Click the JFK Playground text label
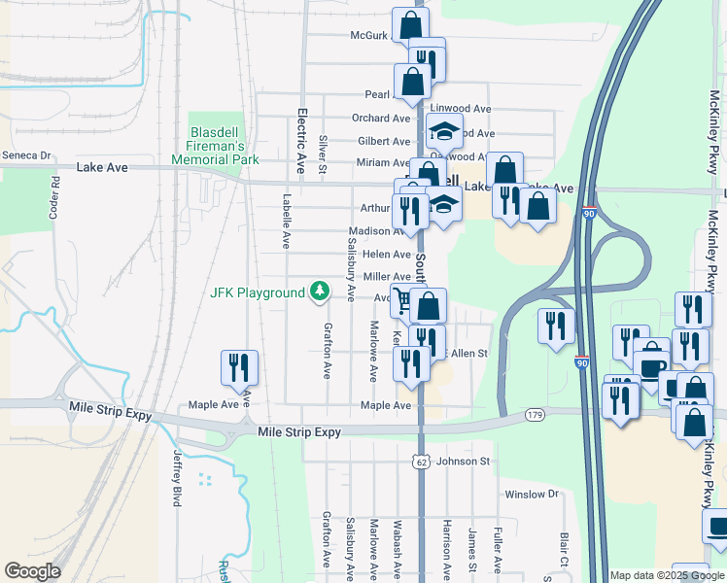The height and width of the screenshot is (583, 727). (x=258, y=293)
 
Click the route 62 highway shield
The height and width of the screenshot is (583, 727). (x=419, y=462)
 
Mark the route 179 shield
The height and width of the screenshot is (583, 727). (x=533, y=416)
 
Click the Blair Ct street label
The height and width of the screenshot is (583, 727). (x=564, y=550)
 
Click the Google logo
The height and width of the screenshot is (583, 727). (x=32, y=571)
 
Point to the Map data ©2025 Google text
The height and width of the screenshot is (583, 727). (x=666, y=575)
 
